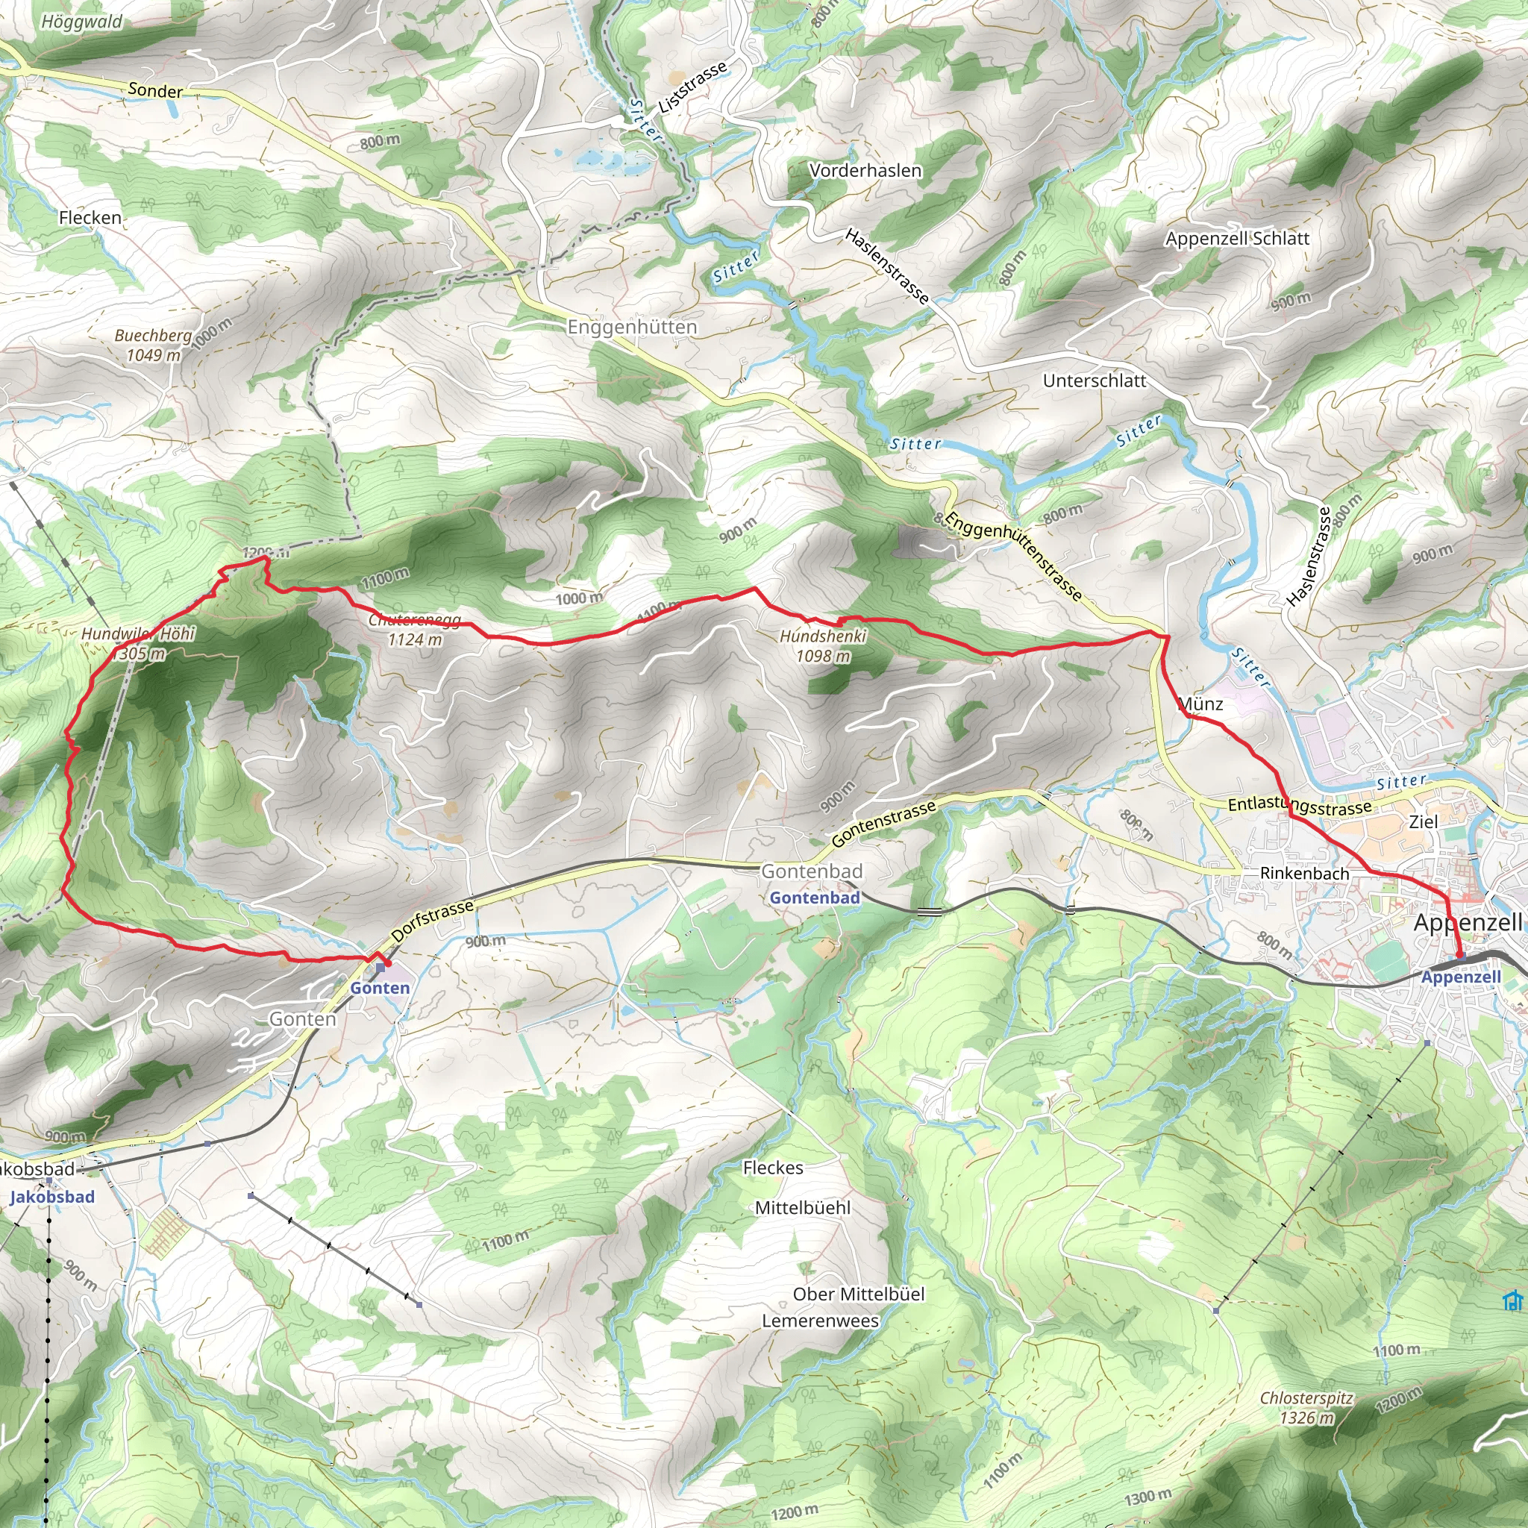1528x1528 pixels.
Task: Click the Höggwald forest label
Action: click(81, 22)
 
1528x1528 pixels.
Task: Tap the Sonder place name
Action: click(155, 90)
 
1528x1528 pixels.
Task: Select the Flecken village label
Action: click(90, 218)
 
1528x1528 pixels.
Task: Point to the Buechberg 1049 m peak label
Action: click(154, 345)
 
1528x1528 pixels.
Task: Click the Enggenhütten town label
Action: click(632, 327)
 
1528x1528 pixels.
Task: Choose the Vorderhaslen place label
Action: click(865, 170)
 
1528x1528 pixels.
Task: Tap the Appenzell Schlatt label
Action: click(1237, 238)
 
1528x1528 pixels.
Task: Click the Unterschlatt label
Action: click(1094, 381)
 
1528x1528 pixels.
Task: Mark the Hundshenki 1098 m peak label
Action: click(824, 645)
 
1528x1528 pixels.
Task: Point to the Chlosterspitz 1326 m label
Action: click(1306, 1408)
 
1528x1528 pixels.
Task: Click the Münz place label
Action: click(1200, 703)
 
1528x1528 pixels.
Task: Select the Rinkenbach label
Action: click(1304, 873)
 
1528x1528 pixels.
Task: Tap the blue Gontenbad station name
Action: click(815, 898)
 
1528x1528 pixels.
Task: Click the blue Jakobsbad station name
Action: click(52, 1197)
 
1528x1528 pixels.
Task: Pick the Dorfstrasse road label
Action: click(432, 921)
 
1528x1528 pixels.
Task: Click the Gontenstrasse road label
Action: click(883, 821)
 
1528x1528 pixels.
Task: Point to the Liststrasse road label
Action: click(692, 88)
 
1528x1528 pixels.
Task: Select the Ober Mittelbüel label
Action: click(859, 1294)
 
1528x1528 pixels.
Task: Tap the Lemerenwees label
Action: click(820, 1321)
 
